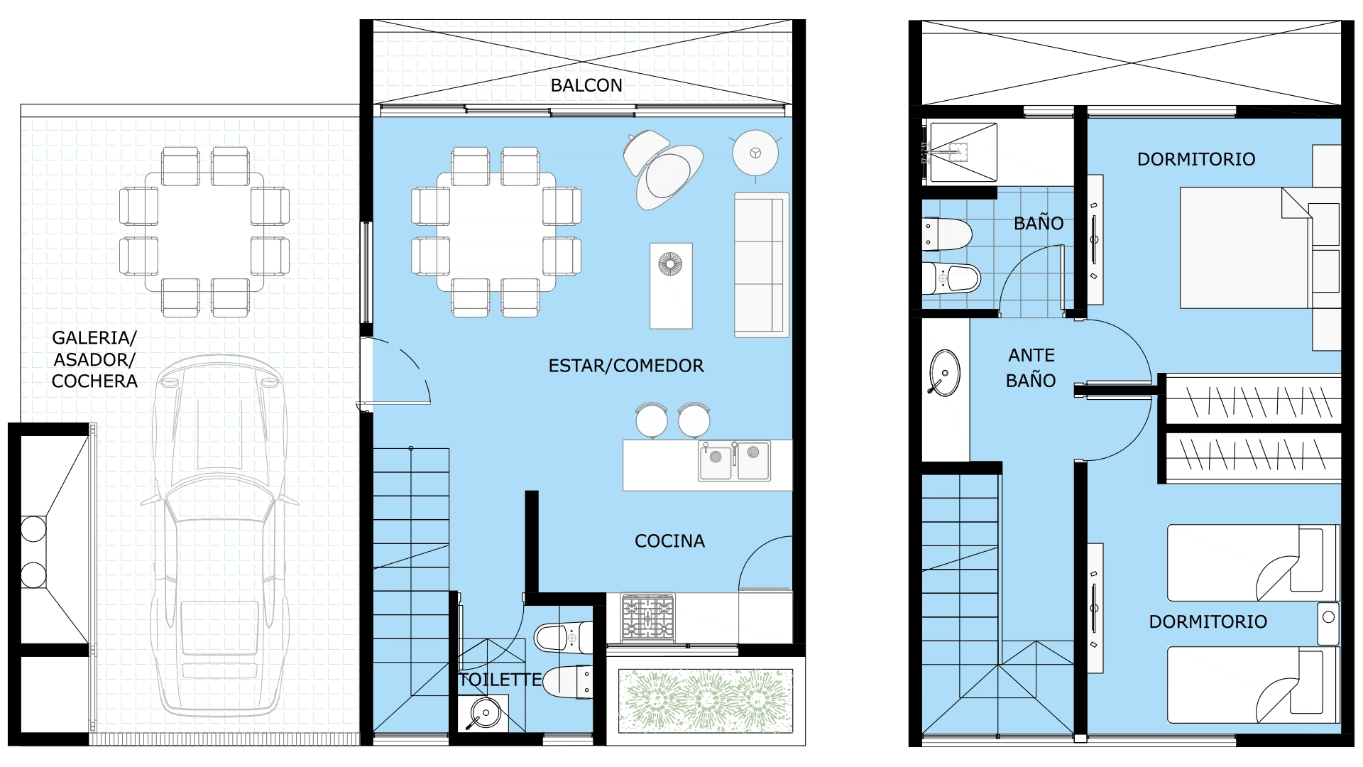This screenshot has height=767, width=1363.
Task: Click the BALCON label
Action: pos(586,86)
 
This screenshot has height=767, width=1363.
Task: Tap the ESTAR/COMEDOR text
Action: pos(626,366)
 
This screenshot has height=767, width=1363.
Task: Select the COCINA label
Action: pos(669,541)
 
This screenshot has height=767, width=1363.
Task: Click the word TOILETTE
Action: pos(500,680)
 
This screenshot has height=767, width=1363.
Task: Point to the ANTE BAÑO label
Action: pos(1031,368)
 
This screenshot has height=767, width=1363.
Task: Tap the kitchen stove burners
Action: pos(647,617)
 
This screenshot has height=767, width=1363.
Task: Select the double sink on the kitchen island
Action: pos(735,462)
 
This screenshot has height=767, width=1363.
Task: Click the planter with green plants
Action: pos(706,701)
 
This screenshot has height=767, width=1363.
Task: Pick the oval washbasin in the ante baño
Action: pos(944,373)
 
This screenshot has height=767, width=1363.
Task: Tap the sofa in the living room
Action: pos(762,265)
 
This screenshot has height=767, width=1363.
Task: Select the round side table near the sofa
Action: pos(755,153)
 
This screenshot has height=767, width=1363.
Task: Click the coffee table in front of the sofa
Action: pos(671,285)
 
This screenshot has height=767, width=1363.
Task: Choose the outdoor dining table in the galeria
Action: pos(204,232)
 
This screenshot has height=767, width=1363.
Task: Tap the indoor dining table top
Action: pos(496,232)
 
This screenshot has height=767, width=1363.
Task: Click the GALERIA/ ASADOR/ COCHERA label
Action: pos(94,359)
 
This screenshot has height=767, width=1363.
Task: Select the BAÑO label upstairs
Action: pos(1039,223)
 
